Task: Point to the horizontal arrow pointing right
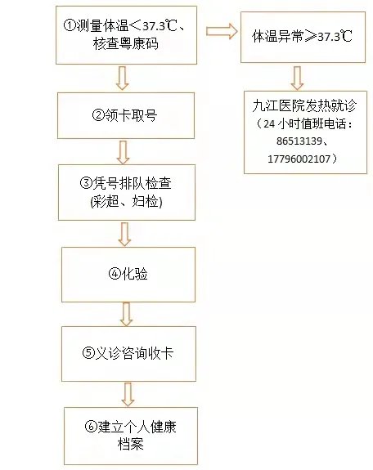222,31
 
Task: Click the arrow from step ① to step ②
123,78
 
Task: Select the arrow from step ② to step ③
123,153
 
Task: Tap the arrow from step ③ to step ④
124,234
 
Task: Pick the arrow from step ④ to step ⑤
126,314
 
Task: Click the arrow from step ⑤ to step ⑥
128,395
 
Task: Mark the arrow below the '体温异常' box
297,78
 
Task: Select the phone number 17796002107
299,159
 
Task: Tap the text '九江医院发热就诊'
304,105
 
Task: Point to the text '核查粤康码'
126,44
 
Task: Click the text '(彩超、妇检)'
126,201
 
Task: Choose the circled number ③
86,182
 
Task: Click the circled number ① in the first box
70,25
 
